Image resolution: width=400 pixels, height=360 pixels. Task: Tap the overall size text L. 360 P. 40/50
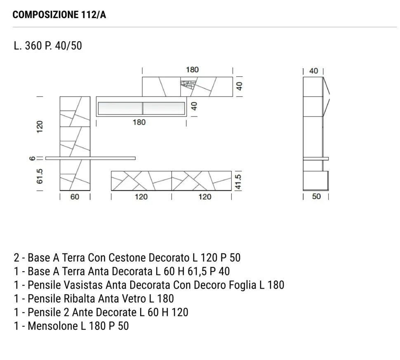pos(47,45)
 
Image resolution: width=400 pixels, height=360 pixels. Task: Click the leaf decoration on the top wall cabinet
pos(188,84)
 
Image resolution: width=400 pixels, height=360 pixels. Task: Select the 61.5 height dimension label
pos(40,176)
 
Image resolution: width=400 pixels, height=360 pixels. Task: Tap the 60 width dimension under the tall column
pos(75,197)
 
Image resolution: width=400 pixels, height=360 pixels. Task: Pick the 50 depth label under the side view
pos(316,197)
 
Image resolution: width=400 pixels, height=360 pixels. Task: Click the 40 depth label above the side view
pos(313,71)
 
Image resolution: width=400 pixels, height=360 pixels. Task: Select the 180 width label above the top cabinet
pos(192,70)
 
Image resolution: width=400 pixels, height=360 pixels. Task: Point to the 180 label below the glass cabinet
pos(139,123)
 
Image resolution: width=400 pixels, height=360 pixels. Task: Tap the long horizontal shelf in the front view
pos(90,158)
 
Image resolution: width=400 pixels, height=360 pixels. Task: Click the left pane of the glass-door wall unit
pos(120,108)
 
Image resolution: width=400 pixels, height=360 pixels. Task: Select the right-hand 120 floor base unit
pos(201,181)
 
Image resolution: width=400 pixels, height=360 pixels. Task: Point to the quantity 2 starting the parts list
pos(16,258)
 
